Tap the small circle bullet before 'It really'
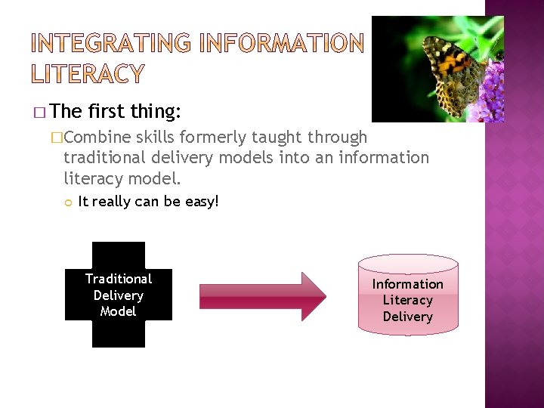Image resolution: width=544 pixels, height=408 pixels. (x=67, y=202)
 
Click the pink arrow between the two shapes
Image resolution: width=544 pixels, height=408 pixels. (x=261, y=296)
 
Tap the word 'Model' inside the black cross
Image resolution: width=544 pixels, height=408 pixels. (x=118, y=311)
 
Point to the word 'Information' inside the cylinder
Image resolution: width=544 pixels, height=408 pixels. (x=407, y=284)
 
